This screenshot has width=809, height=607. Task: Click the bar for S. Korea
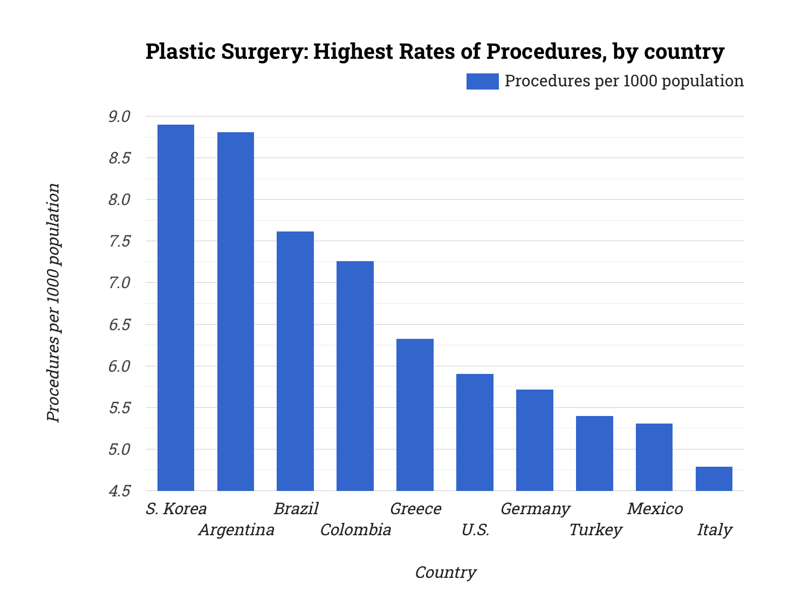pos(176,308)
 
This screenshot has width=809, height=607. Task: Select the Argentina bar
pos(236,311)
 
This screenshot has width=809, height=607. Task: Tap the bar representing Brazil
pos(295,361)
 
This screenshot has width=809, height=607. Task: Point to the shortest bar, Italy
pos(714,479)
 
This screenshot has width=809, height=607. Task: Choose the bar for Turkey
pos(594,453)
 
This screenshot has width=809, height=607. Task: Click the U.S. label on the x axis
pos(475,530)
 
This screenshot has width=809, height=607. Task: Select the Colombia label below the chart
pos(355,530)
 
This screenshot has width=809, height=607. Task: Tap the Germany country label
pos(535,509)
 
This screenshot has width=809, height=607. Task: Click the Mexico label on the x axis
pos(655,509)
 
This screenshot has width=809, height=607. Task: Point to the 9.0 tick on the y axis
pos(119,117)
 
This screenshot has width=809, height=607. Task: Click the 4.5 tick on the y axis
pos(119,491)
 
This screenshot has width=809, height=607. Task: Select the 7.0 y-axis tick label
pos(119,283)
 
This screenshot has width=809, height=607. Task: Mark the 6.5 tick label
pos(119,325)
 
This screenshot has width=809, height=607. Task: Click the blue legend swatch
pos(482,81)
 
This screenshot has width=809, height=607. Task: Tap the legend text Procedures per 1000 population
pos(624,81)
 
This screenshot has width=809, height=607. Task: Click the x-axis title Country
pos(445,572)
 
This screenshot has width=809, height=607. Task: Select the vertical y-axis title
pos(53,302)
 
